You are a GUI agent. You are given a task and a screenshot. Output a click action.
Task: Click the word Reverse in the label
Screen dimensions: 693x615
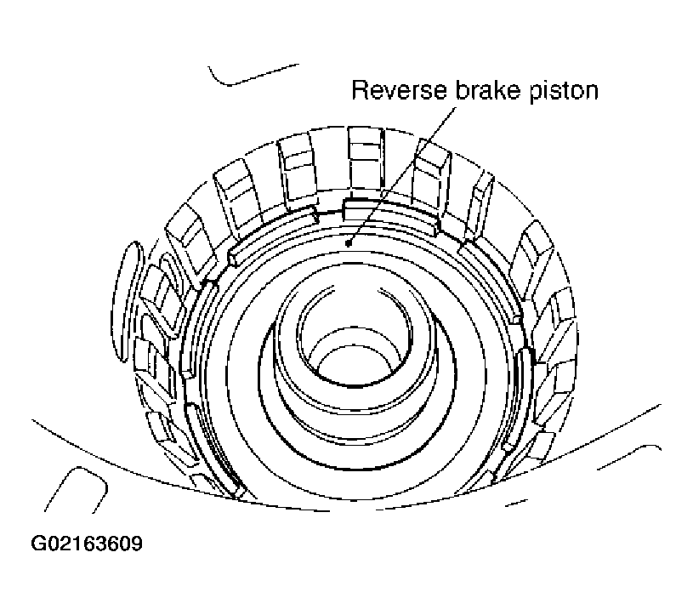[x=399, y=90]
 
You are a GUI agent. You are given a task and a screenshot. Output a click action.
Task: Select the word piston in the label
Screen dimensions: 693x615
[x=564, y=93]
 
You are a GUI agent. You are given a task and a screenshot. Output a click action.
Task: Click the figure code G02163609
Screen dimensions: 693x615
[x=87, y=544]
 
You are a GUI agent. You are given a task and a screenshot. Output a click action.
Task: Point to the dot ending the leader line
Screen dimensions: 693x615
[x=349, y=242]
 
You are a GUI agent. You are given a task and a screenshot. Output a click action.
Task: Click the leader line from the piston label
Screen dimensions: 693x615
[x=402, y=175]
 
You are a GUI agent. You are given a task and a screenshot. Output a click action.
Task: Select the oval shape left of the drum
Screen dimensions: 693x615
[x=126, y=301]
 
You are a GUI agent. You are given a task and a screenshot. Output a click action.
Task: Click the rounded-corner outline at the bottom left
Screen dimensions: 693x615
[x=76, y=489]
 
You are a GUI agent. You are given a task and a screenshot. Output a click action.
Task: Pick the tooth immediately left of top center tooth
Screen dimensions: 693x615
[x=297, y=173]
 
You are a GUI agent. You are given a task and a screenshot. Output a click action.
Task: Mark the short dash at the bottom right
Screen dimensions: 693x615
[x=516, y=503]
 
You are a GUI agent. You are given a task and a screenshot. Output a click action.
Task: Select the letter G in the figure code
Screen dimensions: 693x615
[x=38, y=544]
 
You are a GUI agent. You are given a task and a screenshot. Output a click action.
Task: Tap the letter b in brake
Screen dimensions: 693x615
[x=461, y=90]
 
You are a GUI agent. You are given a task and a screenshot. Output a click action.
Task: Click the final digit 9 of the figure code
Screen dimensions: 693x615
[x=137, y=544]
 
